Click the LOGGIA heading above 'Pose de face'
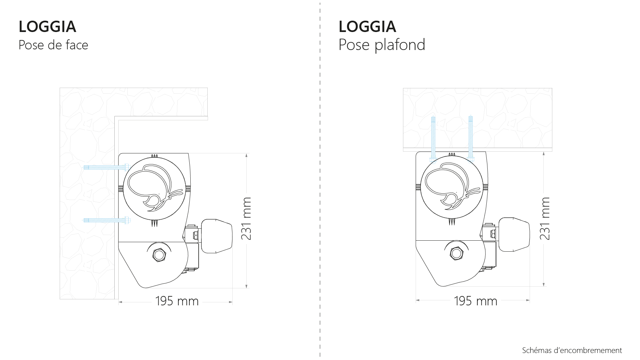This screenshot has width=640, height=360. coord(47,27)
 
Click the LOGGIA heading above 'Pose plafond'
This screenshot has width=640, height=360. coord(367,27)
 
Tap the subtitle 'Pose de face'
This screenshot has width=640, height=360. coord(53,45)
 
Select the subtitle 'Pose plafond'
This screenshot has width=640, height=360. coord(382,45)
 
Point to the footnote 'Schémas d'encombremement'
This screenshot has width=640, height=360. coord(572,350)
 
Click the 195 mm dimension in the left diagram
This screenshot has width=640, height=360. coord(177,301)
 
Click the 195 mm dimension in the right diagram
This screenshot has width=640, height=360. coord(476,301)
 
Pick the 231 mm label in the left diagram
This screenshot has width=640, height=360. coord(246,218)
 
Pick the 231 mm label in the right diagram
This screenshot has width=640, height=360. coord(545,218)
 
